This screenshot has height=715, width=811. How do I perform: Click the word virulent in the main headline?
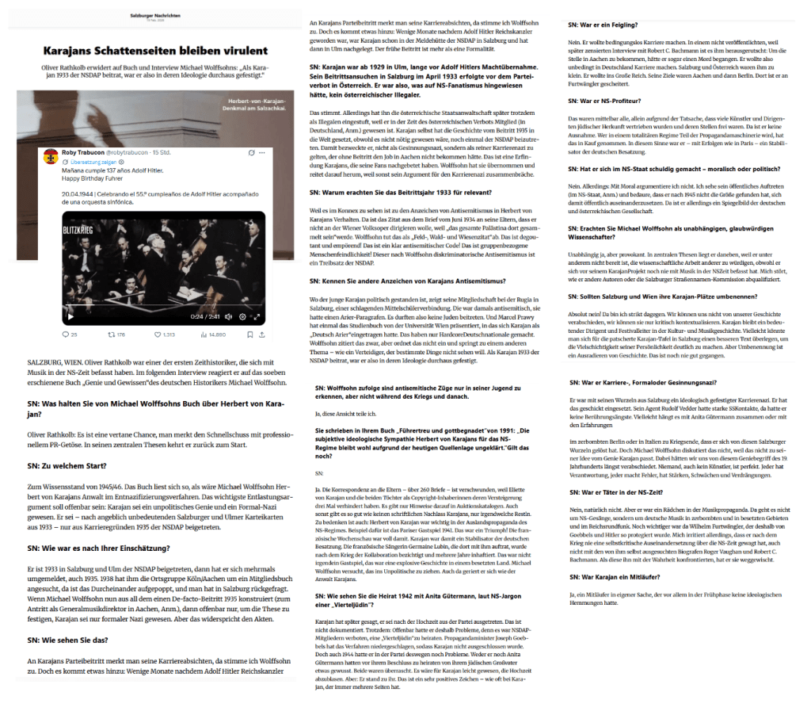tap(238, 49)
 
